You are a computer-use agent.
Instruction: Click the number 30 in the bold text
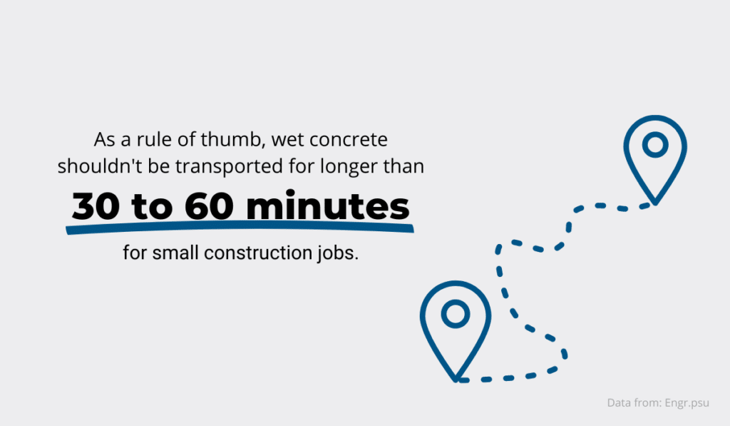[96, 206]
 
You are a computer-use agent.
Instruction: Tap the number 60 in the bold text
[209, 206]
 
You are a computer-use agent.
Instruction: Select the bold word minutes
[328, 205]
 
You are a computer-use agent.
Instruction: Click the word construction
[258, 253]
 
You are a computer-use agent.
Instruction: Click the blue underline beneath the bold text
[240, 228]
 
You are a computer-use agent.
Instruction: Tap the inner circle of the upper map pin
[655, 144]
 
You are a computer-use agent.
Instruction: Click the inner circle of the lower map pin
[456, 314]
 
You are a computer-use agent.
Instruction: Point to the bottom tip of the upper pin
[655, 204]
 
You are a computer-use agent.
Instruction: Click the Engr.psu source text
[687, 403]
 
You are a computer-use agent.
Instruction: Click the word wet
[288, 140]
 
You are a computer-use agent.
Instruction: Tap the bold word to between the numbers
[153, 207]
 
